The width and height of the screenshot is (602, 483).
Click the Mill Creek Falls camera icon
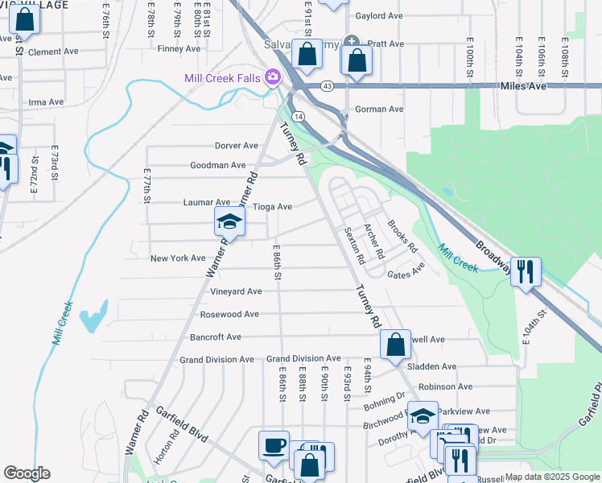click(273, 76)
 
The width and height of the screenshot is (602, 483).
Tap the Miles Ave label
click(523, 85)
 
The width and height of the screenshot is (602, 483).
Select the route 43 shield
click(326, 85)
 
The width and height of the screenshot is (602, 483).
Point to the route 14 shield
click(299, 117)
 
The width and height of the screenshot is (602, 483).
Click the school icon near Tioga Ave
click(229, 222)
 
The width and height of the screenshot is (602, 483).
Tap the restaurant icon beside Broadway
click(526, 271)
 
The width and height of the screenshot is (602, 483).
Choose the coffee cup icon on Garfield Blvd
click(274, 446)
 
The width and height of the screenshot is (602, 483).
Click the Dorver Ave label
click(236, 146)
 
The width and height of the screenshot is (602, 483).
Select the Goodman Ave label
click(217, 165)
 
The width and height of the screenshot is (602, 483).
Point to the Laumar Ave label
click(207, 202)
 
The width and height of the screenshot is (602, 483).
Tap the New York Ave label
click(178, 258)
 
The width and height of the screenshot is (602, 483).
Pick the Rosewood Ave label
click(229, 314)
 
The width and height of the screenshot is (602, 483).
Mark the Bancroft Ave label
click(215, 337)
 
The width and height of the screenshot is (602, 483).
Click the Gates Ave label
click(406, 275)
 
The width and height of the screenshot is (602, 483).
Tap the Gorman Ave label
click(379, 109)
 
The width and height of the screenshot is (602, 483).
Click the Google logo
click(27, 473)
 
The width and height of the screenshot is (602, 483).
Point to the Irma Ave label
click(46, 102)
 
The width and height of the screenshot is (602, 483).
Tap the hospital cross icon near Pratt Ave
click(351, 41)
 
